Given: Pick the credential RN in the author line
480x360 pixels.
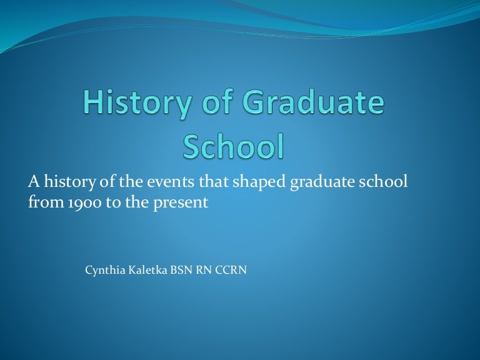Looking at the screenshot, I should point(203,271).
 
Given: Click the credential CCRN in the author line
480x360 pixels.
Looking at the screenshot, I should point(232,271).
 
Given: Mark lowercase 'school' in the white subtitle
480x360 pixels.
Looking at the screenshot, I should point(384,182).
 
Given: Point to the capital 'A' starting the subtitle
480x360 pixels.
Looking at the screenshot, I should point(33,182).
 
